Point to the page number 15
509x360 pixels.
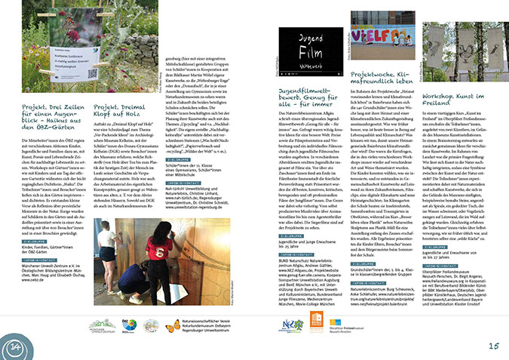[492, 346]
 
